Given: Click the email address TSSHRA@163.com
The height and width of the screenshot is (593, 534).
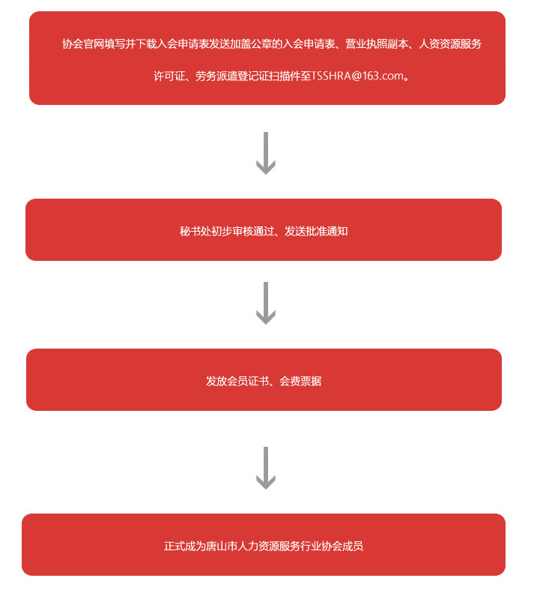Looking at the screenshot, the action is click(x=357, y=76).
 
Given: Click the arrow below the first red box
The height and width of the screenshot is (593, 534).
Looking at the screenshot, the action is click(x=266, y=153).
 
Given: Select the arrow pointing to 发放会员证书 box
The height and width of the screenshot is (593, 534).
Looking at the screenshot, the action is click(x=266, y=303).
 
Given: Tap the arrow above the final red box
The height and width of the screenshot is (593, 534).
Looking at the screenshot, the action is click(x=266, y=468).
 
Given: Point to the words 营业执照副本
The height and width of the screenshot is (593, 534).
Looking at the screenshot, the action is click(x=377, y=44).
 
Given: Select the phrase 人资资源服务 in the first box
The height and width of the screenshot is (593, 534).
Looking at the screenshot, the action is click(x=450, y=44).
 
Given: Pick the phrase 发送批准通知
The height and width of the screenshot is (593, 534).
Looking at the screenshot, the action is click(x=316, y=231).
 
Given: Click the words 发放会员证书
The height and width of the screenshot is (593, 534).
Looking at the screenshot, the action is click(x=237, y=381).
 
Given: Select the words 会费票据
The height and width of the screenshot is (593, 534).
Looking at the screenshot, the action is click(x=300, y=381).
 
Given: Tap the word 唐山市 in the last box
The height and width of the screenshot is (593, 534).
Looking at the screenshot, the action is click(x=222, y=546).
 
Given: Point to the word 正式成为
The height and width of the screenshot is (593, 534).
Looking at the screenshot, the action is click(x=185, y=546).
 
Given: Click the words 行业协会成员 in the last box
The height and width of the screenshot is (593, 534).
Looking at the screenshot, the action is click(x=332, y=546).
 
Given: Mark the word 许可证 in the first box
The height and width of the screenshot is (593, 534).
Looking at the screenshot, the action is click(x=169, y=76).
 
